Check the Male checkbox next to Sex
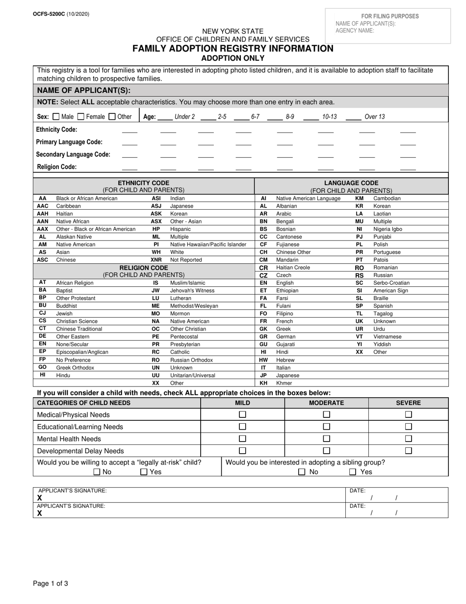click(56, 117)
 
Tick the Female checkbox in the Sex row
click(81, 117)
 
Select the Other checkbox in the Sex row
click(112, 117)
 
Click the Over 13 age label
click(375, 117)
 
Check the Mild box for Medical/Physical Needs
click(242, 414)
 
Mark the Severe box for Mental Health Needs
click(408, 439)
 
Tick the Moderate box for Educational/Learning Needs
click(326, 427)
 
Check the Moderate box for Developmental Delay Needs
click(326, 451)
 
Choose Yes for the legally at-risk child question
click(144, 472)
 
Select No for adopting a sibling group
click(302, 472)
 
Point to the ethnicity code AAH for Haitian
click(43, 214)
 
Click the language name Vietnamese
click(387, 337)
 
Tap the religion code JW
click(155, 291)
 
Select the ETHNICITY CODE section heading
click(143, 183)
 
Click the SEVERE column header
click(408, 403)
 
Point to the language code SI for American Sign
click(359, 291)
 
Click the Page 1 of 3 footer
click(51, 584)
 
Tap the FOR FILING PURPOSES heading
click(390, 16)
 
